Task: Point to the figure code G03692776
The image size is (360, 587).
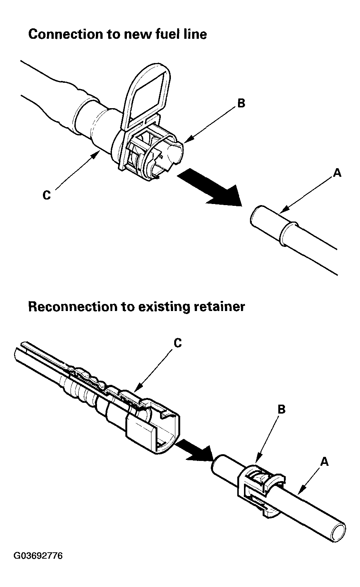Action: (x=38, y=556)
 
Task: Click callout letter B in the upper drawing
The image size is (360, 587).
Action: (x=241, y=103)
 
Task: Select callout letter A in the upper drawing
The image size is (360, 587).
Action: (x=337, y=172)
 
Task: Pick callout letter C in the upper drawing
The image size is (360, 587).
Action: (x=47, y=195)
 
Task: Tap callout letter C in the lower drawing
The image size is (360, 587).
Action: (x=178, y=343)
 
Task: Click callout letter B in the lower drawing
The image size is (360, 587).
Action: (x=282, y=409)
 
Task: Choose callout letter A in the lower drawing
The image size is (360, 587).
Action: (x=325, y=462)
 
